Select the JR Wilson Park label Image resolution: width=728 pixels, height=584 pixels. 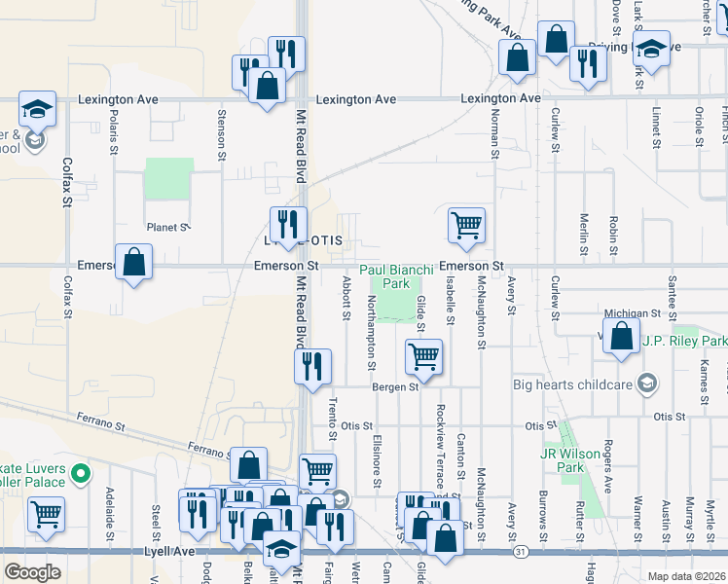click(562, 460)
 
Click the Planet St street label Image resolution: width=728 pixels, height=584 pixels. click(166, 227)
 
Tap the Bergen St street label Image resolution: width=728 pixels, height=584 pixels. click(394, 386)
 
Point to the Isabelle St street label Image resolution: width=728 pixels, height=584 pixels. click(452, 305)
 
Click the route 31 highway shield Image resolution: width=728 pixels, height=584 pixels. click(521, 552)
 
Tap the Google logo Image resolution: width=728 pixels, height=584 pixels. click(32, 571)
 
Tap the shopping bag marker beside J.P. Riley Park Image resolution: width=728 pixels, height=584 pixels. click(621, 336)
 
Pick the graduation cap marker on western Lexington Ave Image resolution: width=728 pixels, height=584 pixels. click(37, 109)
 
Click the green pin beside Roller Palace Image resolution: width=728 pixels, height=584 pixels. click(82, 475)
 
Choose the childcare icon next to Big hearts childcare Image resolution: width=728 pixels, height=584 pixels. click(641, 383)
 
